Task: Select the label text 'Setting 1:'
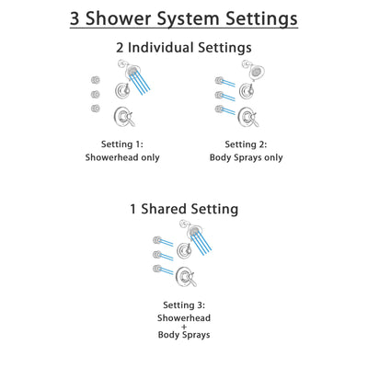click(x=122, y=143)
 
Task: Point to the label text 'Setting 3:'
click(x=184, y=304)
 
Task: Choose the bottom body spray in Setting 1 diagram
click(x=96, y=109)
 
